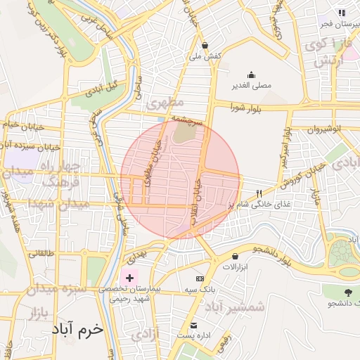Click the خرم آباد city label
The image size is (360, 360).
point(83,329)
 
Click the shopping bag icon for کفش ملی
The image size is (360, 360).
point(205,44)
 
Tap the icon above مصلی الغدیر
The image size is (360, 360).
point(252,75)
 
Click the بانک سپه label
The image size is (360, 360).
point(200,290)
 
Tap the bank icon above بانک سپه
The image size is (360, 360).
point(200,279)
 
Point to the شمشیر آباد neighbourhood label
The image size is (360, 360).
point(235,307)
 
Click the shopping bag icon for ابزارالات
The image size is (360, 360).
point(244,256)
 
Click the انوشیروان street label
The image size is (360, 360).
point(326,129)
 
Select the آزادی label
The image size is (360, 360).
point(146,333)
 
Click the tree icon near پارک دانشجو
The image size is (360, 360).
point(347,291)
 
